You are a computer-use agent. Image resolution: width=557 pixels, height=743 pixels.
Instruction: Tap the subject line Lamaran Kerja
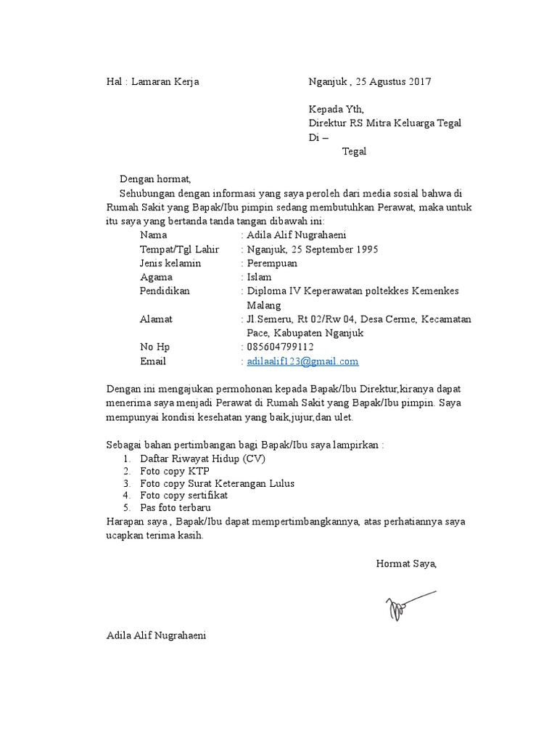point(165,82)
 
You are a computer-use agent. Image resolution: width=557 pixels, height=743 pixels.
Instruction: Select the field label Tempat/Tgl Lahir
point(178,249)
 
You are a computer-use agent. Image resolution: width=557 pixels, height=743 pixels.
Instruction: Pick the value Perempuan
point(272,263)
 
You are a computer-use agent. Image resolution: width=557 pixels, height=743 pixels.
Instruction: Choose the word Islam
point(259,277)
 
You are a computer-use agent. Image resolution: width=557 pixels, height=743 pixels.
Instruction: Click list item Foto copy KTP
point(175,471)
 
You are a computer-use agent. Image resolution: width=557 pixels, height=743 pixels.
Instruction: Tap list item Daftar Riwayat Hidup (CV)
point(203,459)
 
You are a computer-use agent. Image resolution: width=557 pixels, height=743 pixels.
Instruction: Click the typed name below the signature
point(156,635)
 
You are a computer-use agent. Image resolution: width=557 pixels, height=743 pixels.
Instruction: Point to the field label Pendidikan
point(165,291)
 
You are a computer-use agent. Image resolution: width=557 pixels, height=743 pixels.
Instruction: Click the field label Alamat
point(156,319)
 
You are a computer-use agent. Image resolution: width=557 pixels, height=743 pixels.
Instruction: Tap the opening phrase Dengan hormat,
point(154,178)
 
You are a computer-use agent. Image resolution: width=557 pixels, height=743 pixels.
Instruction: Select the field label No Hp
point(154,347)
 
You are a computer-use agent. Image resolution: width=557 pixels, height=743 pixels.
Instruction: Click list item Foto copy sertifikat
point(184,495)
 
